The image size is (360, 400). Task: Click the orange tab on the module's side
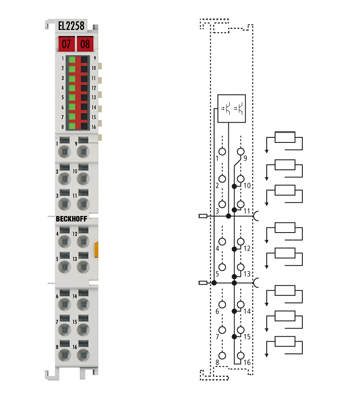[x=99, y=248]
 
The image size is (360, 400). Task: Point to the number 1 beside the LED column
[x=62, y=60]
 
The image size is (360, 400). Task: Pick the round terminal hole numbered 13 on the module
[x=86, y=256]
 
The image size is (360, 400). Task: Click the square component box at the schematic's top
[x=230, y=108]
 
